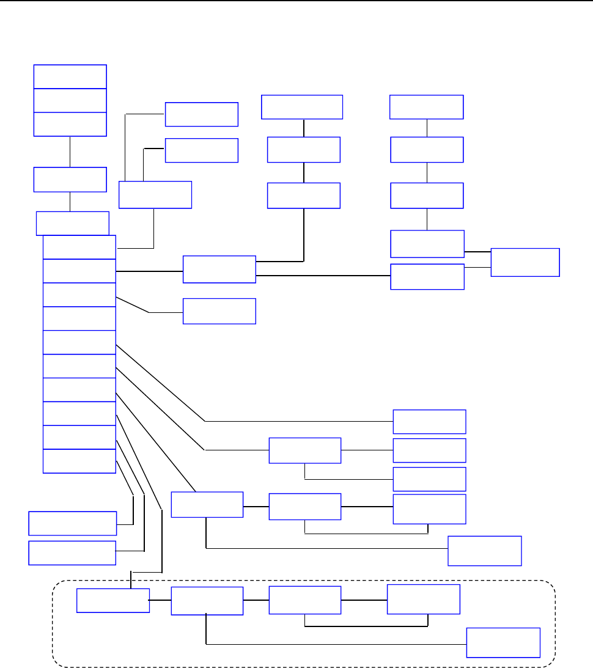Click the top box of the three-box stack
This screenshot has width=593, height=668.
[70, 76]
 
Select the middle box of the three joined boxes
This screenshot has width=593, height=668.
[70, 100]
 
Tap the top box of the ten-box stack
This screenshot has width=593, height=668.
[79, 248]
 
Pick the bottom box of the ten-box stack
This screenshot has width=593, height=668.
[79, 461]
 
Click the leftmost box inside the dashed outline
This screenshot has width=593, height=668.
[113, 600]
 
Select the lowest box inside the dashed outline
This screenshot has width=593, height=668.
[503, 642]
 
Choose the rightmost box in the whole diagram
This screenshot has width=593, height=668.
[525, 262]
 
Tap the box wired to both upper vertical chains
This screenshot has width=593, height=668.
[219, 270]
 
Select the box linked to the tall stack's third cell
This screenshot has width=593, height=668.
[219, 311]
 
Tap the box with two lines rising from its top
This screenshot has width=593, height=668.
[155, 195]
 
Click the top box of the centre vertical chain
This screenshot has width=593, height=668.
[302, 107]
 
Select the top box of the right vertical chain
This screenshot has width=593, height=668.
[427, 107]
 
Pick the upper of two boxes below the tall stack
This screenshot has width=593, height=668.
[73, 523]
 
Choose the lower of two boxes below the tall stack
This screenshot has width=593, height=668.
[73, 552]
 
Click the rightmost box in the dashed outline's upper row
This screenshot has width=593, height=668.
[424, 599]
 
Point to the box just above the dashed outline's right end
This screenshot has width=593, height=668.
[485, 551]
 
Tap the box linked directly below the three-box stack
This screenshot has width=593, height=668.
[70, 179]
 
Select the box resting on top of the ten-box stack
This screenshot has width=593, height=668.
[73, 223]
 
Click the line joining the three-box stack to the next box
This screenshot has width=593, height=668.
[70, 151]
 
